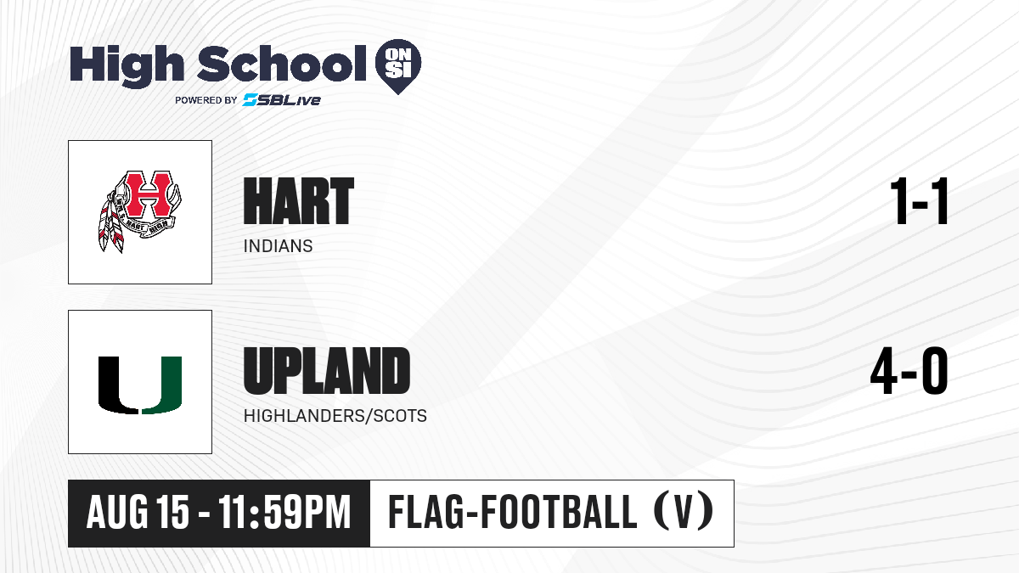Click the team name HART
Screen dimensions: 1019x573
pyautogui.click(x=298, y=201)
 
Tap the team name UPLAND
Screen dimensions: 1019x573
pyautogui.click(x=327, y=371)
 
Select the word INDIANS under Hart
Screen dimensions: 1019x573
pyautogui.click(x=278, y=246)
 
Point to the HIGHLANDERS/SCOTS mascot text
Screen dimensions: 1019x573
pyautogui.click(x=335, y=416)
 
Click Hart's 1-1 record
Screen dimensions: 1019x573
pyautogui.click(x=920, y=201)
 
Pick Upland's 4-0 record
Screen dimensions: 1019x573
pyautogui.click(x=909, y=371)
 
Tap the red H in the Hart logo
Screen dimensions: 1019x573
pyautogui.click(x=149, y=194)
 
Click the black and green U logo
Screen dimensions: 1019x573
pyautogui.click(x=140, y=385)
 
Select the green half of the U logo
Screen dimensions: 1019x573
pyautogui.click(x=161, y=385)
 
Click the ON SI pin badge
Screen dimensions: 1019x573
pyautogui.click(x=398, y=66)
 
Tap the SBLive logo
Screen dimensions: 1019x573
pyautogui.click(x=281, y=100)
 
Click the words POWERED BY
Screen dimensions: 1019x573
pyautogui.click(x=206, y=100)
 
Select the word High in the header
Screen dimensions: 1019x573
pyautogui.click(x=127, y=65)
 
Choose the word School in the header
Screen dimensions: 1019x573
pyautogui.click(x=282, y=63)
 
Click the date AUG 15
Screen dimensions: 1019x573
pyautogui.click(x=138, y=512)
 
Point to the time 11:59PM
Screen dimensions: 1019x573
pyautogui.click(x=284, y=512)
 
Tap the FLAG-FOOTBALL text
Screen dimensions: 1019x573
pyautogui.click(x=513, y=512)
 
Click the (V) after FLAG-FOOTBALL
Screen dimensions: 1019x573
pyautogui.click(x=684, y=512)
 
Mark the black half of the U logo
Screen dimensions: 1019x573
pyautogui.click(x=118, y=385)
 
